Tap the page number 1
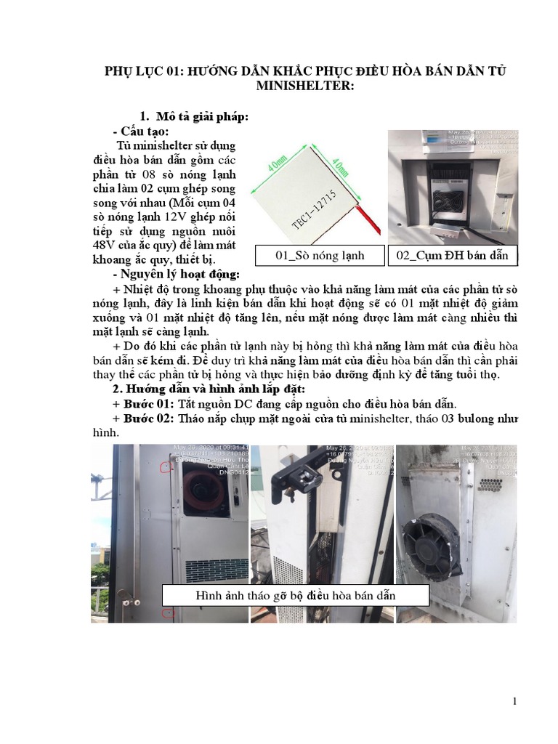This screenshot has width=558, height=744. point(514,701)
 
